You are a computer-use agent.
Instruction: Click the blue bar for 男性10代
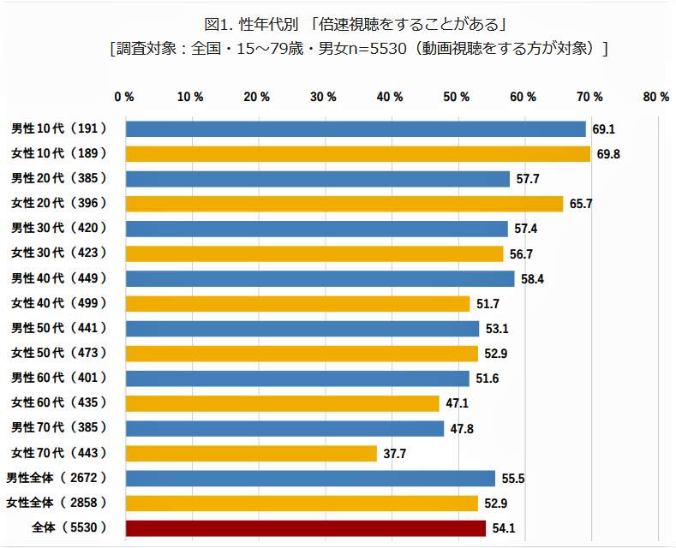coord(356,128)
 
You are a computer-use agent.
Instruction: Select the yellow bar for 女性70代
coord(251,454)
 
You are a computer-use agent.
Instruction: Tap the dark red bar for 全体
coord(306,528)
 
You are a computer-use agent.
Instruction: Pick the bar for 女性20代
coord(344,204)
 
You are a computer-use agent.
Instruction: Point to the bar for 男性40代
coord(320,278)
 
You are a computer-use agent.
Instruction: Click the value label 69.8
coord(608,154)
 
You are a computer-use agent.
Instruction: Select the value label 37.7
coord(395,454)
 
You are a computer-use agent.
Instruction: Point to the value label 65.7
coord(581,204)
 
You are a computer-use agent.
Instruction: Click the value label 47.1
coord(458,403)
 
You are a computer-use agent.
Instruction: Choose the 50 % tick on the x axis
coord(458,97)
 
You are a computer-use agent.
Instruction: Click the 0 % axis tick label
coord(124,97)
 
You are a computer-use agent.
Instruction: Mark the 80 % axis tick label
coord(656,97)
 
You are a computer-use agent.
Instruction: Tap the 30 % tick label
coord(324,97)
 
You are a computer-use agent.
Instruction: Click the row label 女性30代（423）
coord(58,253)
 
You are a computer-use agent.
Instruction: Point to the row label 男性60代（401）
coord(58,378)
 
